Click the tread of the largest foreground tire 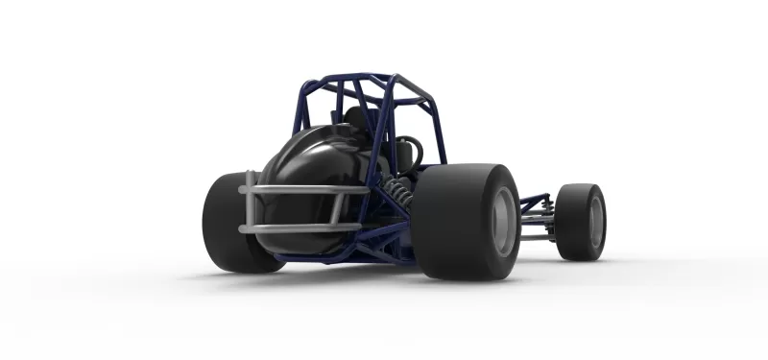click(x=451, y=221)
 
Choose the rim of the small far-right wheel click(x=594, y=222)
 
